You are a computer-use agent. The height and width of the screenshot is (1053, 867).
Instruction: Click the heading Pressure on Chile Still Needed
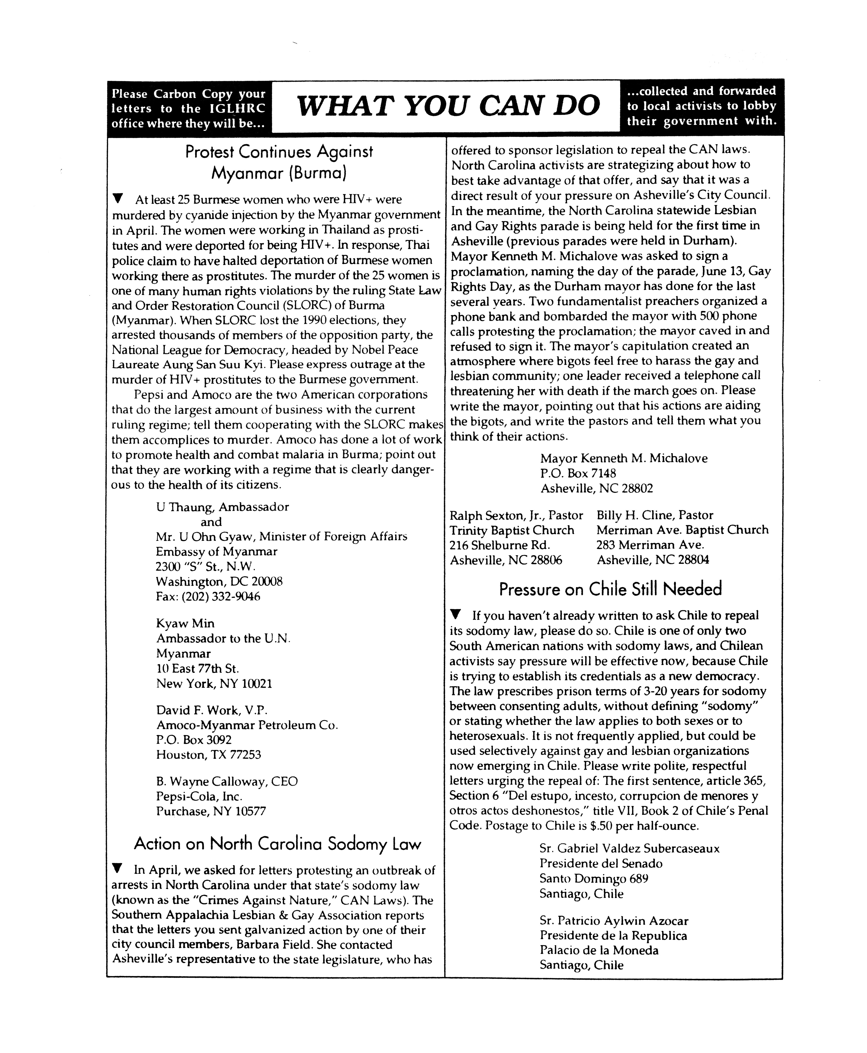(x=610, y=589)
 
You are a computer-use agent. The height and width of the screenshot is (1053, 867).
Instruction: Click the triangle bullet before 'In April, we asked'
(x=117, y=869)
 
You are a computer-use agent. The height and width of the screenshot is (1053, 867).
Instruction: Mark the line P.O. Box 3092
(x=194, y=740)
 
